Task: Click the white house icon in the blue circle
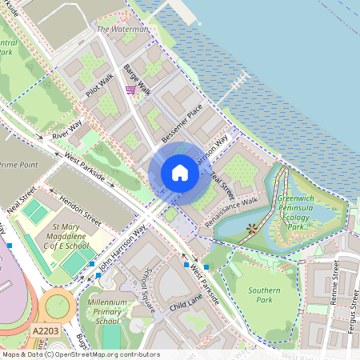pos(180,173)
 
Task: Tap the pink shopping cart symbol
pos(130,90)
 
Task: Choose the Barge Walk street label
pos(138,78)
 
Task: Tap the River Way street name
pos(67,131)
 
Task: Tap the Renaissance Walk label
pos(231,208)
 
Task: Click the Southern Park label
pos(263,294)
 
